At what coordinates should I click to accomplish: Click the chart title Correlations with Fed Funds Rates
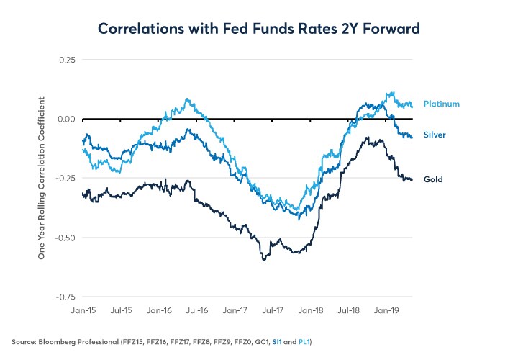(x=259, y=29)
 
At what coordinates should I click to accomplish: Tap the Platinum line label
(x=441, y=104)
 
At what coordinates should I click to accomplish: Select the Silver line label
(x=435, y=135)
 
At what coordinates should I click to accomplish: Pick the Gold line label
(x=433, y=179)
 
